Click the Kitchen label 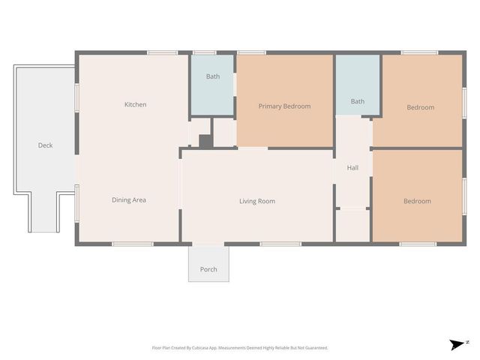tap(135, 104)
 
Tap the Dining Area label tap(128, 199)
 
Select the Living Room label tap(256, 201)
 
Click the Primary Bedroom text tap(284, 106)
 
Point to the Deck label tap(45, 145)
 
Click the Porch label tap(208, 269)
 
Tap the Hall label tap(352, 167)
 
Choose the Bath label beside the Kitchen tap(213, 76)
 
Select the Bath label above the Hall tap(358, 101)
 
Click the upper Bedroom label tap(420, 107)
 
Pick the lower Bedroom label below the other tap(417, 201)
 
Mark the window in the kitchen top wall tap(162, 52)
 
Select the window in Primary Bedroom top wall tap(251, 52)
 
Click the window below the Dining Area tap(133, 244)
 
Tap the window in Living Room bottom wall tap(280, 244)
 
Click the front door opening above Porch tap(208, 244)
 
